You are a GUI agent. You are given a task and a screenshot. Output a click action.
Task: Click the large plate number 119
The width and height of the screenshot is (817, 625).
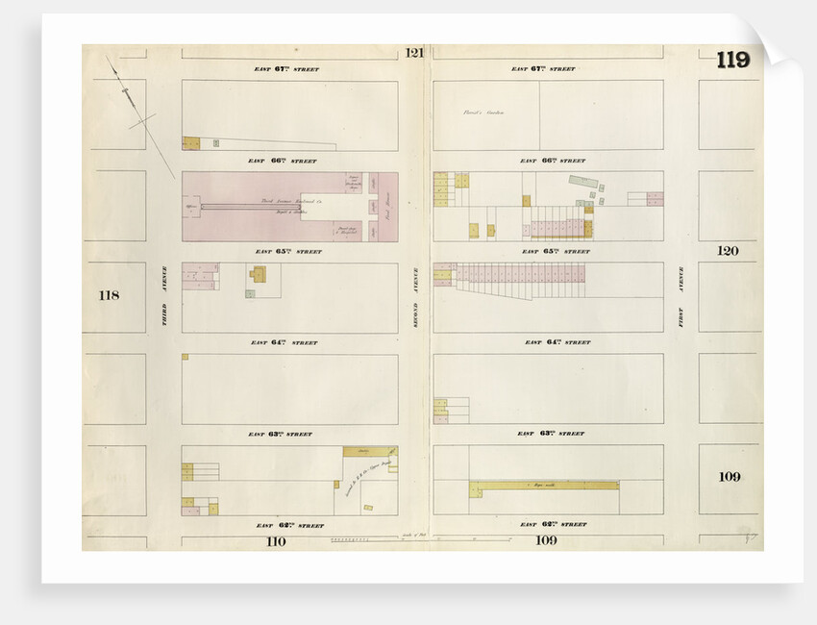pyautogui.click(x=731, y=60)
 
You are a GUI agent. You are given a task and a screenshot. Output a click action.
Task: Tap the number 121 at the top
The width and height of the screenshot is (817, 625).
pyautogui.click(x=414, y=53)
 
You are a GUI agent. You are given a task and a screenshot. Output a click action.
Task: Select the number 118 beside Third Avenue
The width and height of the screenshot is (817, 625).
pyautogui.click(x=109, y=294)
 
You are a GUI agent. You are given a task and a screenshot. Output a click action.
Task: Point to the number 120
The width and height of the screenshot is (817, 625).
pyautogui.click(x=728, y=251)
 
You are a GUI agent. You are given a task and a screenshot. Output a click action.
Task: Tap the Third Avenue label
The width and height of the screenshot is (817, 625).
pyautogui.click(x=163, y=297)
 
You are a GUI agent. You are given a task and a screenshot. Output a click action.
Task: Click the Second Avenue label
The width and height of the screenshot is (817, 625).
pyautogui.click(x=415, y=298)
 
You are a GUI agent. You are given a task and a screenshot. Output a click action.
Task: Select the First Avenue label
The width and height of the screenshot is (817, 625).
pyautogui.click(x=681, y=311)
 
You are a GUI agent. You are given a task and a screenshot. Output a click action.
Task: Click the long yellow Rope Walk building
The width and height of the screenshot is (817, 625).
pyautogui.click(x=545, y=485)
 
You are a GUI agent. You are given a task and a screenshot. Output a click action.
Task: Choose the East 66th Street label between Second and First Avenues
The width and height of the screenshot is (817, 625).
pyautogui.click(x=548, y=161)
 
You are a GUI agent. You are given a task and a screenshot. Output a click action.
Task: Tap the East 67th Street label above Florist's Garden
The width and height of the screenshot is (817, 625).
pyautogui.click(x=543, y=69)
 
